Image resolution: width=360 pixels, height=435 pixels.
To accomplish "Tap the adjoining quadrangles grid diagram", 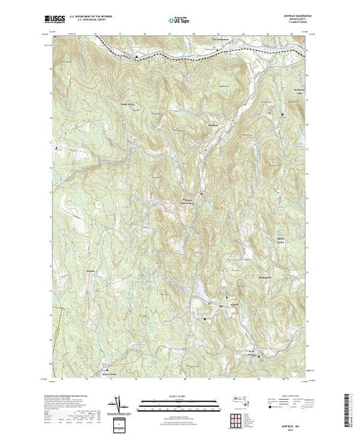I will pyautogui.click(x=239, y=418).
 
